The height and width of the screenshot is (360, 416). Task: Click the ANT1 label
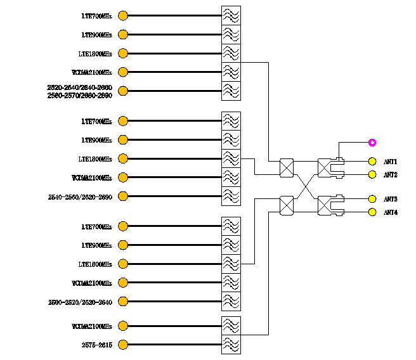coord(390,162)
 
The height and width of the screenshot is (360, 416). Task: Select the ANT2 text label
coord(390,175)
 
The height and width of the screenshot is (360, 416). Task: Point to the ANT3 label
coord(390,200)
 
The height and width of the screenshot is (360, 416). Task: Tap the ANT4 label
coord(390,212)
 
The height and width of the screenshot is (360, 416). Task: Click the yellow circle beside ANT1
coord(372,162)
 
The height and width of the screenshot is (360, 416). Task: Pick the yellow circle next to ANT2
coord(372,174)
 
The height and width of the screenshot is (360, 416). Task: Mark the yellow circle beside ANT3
coord(372,199)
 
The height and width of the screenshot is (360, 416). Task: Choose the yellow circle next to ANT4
coord(372,212)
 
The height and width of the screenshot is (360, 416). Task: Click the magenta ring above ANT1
coord(372,143)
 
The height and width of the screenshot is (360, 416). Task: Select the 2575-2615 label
coord(96,345)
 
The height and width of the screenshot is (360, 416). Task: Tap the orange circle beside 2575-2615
coord(123,345)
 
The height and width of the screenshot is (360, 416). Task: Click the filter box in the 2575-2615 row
coord(231,345)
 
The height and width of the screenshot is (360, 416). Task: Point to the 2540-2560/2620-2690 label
coord(80,197)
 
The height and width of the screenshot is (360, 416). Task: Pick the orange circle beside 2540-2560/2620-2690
coord(123,196)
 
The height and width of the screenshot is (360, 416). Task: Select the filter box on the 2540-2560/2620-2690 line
coord(231,196)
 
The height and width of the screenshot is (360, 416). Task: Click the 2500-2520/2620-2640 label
coord(80,302)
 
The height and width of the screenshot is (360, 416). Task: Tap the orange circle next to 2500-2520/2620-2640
coord(123,301)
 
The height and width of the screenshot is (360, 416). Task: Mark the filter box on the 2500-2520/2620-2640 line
coord(231,301)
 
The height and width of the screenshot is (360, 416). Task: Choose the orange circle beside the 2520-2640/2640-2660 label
coord(123,91)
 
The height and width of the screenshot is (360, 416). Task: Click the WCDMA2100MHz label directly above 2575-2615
coord(91,327)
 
